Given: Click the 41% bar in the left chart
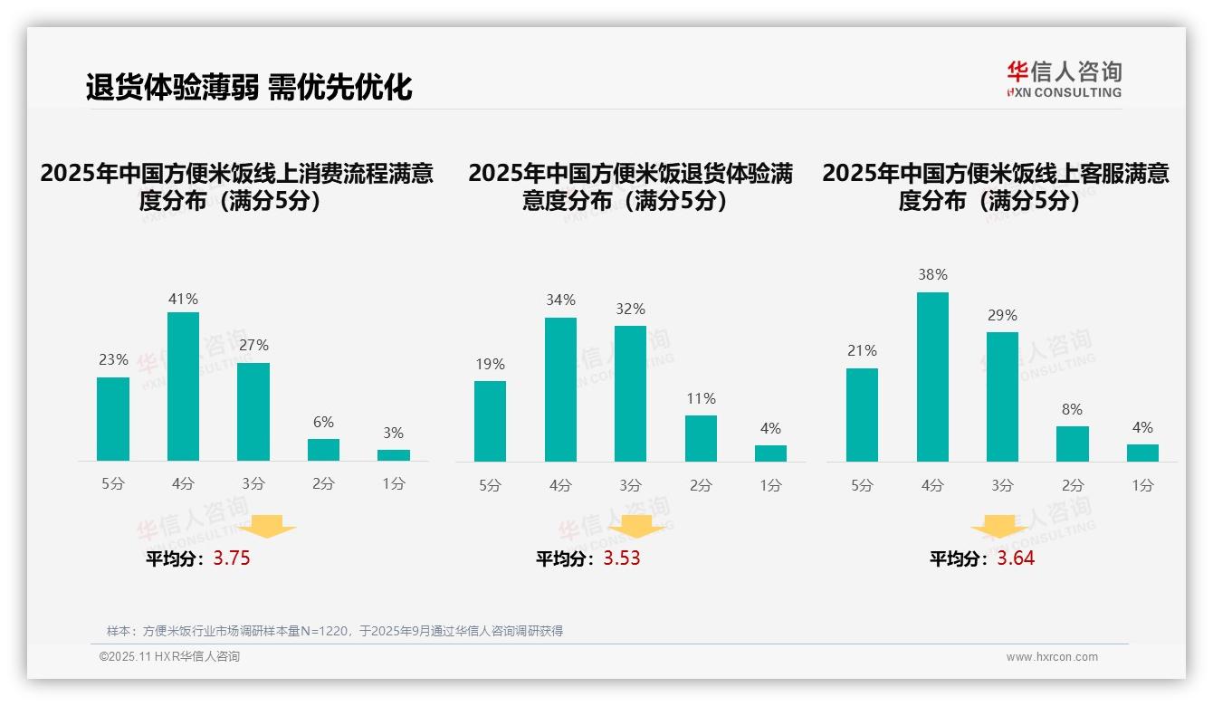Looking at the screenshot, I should coord(183,386).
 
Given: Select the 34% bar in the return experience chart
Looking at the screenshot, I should coord(560,389).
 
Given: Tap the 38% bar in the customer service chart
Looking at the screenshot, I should coord(932,377).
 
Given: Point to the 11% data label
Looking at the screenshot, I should coord(701,399).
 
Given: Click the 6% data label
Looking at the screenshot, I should coord(323,423).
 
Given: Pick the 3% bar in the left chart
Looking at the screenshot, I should coord(394,455).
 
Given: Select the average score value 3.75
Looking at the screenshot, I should coord(232,558).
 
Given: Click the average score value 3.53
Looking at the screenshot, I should coord(622,558).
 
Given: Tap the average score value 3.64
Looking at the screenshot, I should coord(1016,558).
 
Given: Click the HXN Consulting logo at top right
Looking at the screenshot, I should coord(1064,80).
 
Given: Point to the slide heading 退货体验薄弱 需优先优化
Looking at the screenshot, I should coord(249,87).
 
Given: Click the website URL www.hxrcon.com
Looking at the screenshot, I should coord(1052,657).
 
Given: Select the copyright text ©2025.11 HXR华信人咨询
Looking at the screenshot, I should coord(169,657).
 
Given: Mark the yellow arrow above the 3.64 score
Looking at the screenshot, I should coord(999,527).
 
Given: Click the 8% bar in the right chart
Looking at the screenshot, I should coord(1072,444).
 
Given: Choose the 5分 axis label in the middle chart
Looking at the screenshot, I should coord(490,485).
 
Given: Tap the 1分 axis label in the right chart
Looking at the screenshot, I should coord(1142,485).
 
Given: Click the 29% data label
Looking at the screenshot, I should coord(1002,316).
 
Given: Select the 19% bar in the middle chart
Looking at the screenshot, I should coord(490,421).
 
